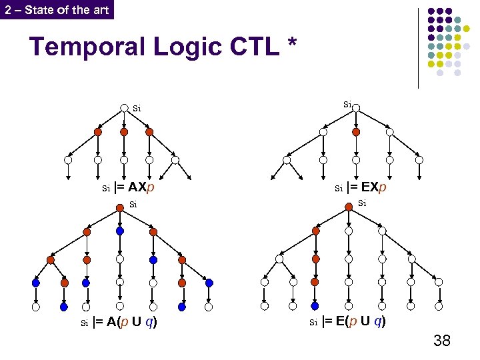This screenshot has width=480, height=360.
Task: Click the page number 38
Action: point(441,341)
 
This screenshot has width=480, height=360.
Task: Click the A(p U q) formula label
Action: point(124,324)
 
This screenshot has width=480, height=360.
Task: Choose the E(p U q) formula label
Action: point(353,322)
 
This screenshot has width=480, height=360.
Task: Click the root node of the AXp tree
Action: point(124,108)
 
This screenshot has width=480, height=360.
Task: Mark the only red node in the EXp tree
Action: point(355,132)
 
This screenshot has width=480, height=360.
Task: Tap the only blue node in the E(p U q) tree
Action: point(315,307)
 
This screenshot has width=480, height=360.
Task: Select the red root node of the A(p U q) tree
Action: point(120,205)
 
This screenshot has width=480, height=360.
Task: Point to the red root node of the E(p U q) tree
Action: point(349,205)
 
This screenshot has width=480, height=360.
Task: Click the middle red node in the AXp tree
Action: point(124,132)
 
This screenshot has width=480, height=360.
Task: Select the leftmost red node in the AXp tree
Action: point(98,132)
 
